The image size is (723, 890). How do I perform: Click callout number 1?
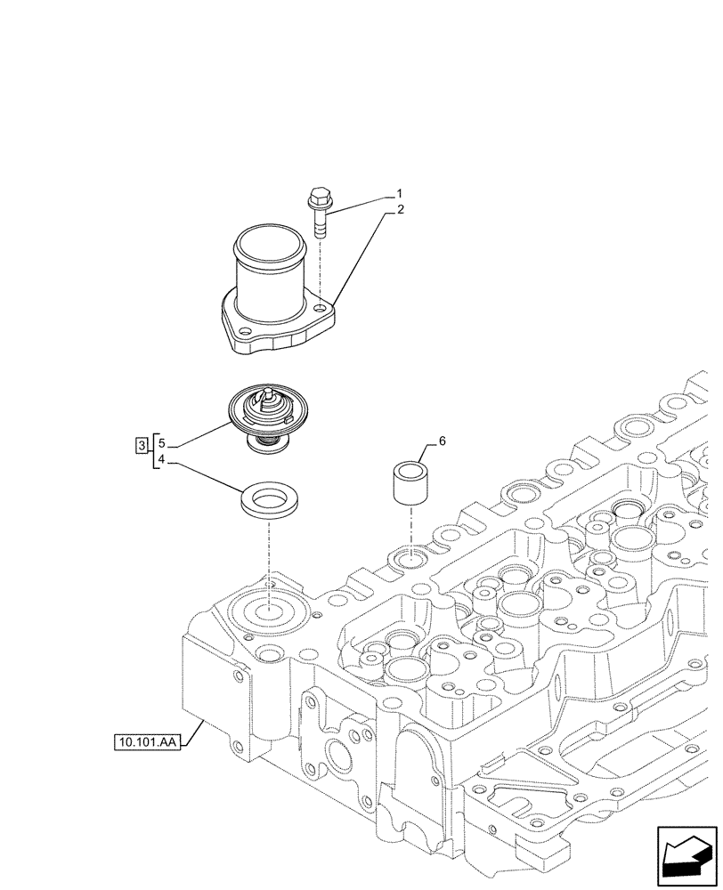pos(400,193)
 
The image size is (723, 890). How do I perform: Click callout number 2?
pos(400,210)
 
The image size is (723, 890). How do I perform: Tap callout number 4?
pos(161,459)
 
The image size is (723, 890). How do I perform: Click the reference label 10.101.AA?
pos(147,740)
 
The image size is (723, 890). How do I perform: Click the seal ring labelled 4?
pos(269,500)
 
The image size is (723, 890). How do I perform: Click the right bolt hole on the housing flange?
pos(319,308)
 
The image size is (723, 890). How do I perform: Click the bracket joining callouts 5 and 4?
pos(153,451)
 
